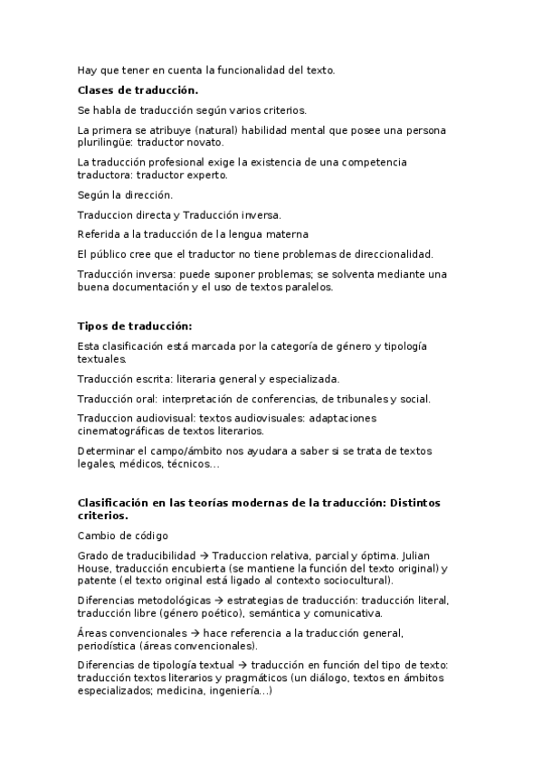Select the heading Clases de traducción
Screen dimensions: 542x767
point(138,90)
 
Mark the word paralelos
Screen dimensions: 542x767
point(307,287)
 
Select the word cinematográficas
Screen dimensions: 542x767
point(121,431)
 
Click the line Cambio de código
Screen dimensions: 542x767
point(122,536)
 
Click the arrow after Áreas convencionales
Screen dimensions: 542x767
point(195,633)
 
